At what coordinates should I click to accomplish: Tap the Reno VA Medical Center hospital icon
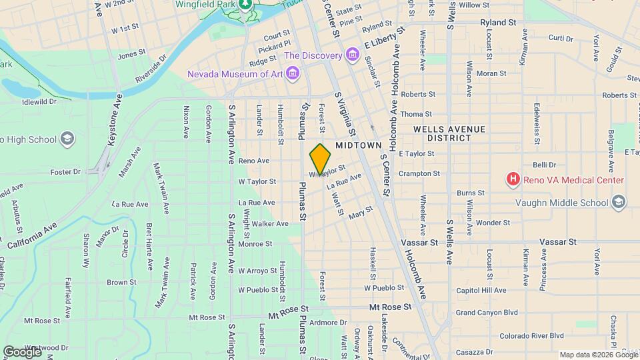tap(513, 179)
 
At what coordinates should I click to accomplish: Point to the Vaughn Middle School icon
tap(619, 201)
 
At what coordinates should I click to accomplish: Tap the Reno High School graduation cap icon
tap(67, 139)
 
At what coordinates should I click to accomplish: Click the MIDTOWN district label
tap(358, 145)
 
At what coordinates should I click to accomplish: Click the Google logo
tap(22, 351)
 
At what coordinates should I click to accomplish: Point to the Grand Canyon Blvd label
tap(487, 312)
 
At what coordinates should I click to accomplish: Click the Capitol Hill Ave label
tap(481, 291)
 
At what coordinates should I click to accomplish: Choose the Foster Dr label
tap(65, 171)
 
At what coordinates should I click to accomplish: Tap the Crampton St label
tap(419, 173)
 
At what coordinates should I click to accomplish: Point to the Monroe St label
tap(255, 243)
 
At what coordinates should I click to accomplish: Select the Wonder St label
tap(493, 222)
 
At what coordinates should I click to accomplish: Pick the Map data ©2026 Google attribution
tap(598, 355)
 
